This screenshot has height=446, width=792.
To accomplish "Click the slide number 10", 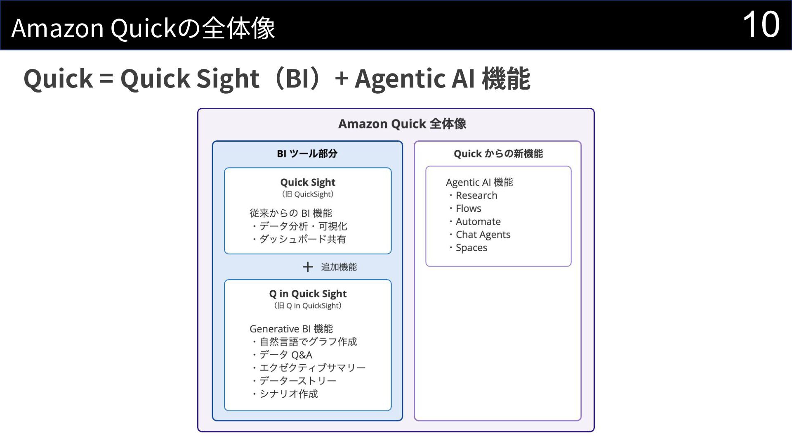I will [x=761, y=25].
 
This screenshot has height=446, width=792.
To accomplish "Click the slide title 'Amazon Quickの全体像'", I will [x=143, y=28].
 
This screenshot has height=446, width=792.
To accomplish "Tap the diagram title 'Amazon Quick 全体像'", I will [x=402, y=124].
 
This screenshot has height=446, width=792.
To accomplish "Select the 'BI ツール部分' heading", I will [x=307, y=154].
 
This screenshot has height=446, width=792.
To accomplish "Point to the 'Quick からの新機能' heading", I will [x=498, y=154].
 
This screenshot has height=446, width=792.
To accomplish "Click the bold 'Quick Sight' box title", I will [x=308, y=182].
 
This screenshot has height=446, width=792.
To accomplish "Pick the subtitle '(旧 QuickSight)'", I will [x=308, y=194].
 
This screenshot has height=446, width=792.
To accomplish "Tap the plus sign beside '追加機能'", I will [x=308, y=267].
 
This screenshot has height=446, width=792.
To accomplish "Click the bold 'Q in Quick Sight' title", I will [x=308, y=294].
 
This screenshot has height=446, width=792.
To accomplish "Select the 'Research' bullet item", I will [x=476, y=195].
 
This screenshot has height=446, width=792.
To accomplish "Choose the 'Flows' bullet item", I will [x=469, y=209].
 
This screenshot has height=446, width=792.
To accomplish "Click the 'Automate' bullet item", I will [x=478, y=222].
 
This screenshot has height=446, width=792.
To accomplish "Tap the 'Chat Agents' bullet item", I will [x=483, y=235].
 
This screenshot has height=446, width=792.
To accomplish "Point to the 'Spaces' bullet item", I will [x=471, y=248].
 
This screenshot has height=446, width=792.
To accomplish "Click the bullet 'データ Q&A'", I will [x=286, y=355].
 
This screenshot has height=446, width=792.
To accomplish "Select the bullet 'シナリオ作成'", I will [x=289, y=394].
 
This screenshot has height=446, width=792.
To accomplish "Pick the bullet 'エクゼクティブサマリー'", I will [x=312, y=368].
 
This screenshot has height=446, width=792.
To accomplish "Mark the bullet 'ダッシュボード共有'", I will [x=302, y=239].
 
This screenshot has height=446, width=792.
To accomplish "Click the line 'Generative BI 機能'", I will [x=291, y=329].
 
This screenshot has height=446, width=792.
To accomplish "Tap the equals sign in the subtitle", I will [x=106, y=78].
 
